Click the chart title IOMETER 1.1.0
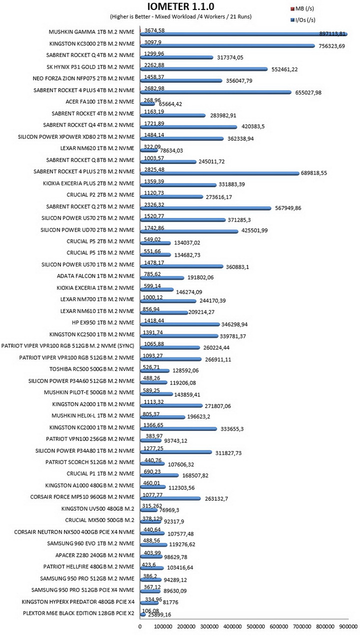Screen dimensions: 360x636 pos(180,6)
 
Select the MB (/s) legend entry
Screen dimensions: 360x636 pos(302,8)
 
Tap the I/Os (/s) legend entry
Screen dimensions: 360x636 pos(303,20)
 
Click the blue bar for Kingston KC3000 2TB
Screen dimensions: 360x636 pos(227,45)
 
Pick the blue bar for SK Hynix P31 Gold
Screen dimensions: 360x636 pos(204,69)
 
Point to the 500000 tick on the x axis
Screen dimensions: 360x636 pos(256,626)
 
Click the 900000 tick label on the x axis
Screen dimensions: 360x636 pos(348,626)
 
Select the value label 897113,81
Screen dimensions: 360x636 pos(332,34)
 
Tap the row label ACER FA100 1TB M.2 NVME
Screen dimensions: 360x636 pos(100,101)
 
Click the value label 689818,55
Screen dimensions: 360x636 pos(314,173)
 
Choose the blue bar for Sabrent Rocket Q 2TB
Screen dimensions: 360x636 pos(206,208)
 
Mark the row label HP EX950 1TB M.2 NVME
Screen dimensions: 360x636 pos(103,322)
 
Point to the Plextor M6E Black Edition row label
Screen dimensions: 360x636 pos(78,613)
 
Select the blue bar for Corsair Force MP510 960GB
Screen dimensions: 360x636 pos(170,498)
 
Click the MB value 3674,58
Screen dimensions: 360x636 pos(154,30)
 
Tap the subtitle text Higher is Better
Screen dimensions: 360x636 pos(131,16)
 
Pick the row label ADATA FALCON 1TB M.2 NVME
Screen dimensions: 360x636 pos(95,276)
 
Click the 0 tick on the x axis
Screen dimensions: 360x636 pos(140,626)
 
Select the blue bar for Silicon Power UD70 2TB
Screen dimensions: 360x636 pos(189,231)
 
